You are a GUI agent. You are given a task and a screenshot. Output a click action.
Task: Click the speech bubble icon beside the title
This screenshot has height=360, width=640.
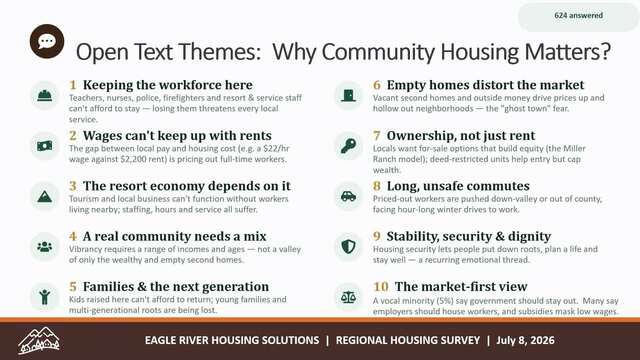click(47, 41)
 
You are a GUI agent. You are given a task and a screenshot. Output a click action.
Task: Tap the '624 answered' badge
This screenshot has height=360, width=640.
click(578, 16)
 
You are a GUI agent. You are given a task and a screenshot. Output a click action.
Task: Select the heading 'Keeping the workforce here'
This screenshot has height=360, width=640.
click(168, 85)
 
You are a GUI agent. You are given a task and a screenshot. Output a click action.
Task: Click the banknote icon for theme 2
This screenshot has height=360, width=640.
click(44, 146)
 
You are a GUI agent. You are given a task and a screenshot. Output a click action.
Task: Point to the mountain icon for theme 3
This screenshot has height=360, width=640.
click(44, 196)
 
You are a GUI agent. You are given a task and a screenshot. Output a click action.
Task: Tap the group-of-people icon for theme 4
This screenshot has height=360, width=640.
click(44, 247)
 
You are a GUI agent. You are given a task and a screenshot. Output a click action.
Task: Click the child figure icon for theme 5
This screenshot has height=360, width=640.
click(44, 297)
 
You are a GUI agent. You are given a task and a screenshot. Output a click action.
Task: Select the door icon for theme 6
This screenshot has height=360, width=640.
click(348, 96)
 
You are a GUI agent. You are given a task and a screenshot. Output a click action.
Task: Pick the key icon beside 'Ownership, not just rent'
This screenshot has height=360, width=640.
click(348, 146)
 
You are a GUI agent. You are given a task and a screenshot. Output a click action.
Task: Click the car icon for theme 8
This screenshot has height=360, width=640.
click(348, 196)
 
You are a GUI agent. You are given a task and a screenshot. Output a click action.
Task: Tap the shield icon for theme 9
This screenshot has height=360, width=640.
click(348, 247)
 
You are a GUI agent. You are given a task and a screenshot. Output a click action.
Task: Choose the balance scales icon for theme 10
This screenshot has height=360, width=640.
click(348, 297)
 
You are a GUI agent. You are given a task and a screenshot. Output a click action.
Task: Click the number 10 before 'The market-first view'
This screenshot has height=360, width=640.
click(380, 287)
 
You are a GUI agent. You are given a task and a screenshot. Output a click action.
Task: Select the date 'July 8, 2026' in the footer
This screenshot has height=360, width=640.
click(525, 340)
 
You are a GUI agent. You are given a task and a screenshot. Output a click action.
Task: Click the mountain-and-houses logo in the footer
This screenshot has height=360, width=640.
click(39, 340)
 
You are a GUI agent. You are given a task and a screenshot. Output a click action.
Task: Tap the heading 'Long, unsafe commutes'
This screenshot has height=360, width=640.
click(458, 186)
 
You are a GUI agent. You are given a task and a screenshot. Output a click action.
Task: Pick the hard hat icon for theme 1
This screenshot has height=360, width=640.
click(44, 96)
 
